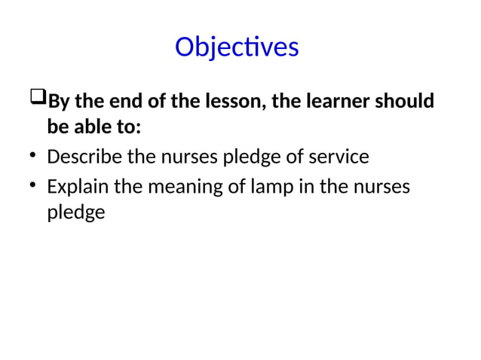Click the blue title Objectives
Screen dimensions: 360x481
click(x=237, y=47)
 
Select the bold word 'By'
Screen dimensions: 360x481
click(x=58, y=101)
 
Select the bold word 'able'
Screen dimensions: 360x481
click(x=89, y=127)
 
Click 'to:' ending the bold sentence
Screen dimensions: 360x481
click(x=125, y=127)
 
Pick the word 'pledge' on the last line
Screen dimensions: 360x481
click(x=75, y=213)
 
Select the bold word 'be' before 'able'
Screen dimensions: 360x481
click(x=57, y=127)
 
